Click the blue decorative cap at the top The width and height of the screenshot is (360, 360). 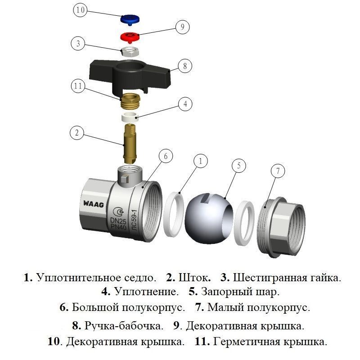pos(130,19)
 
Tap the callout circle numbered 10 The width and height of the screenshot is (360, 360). pos(81,10)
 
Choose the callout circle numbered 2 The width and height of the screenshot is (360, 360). pos(77,133)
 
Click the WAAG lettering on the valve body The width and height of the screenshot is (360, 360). pos(93,204)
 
